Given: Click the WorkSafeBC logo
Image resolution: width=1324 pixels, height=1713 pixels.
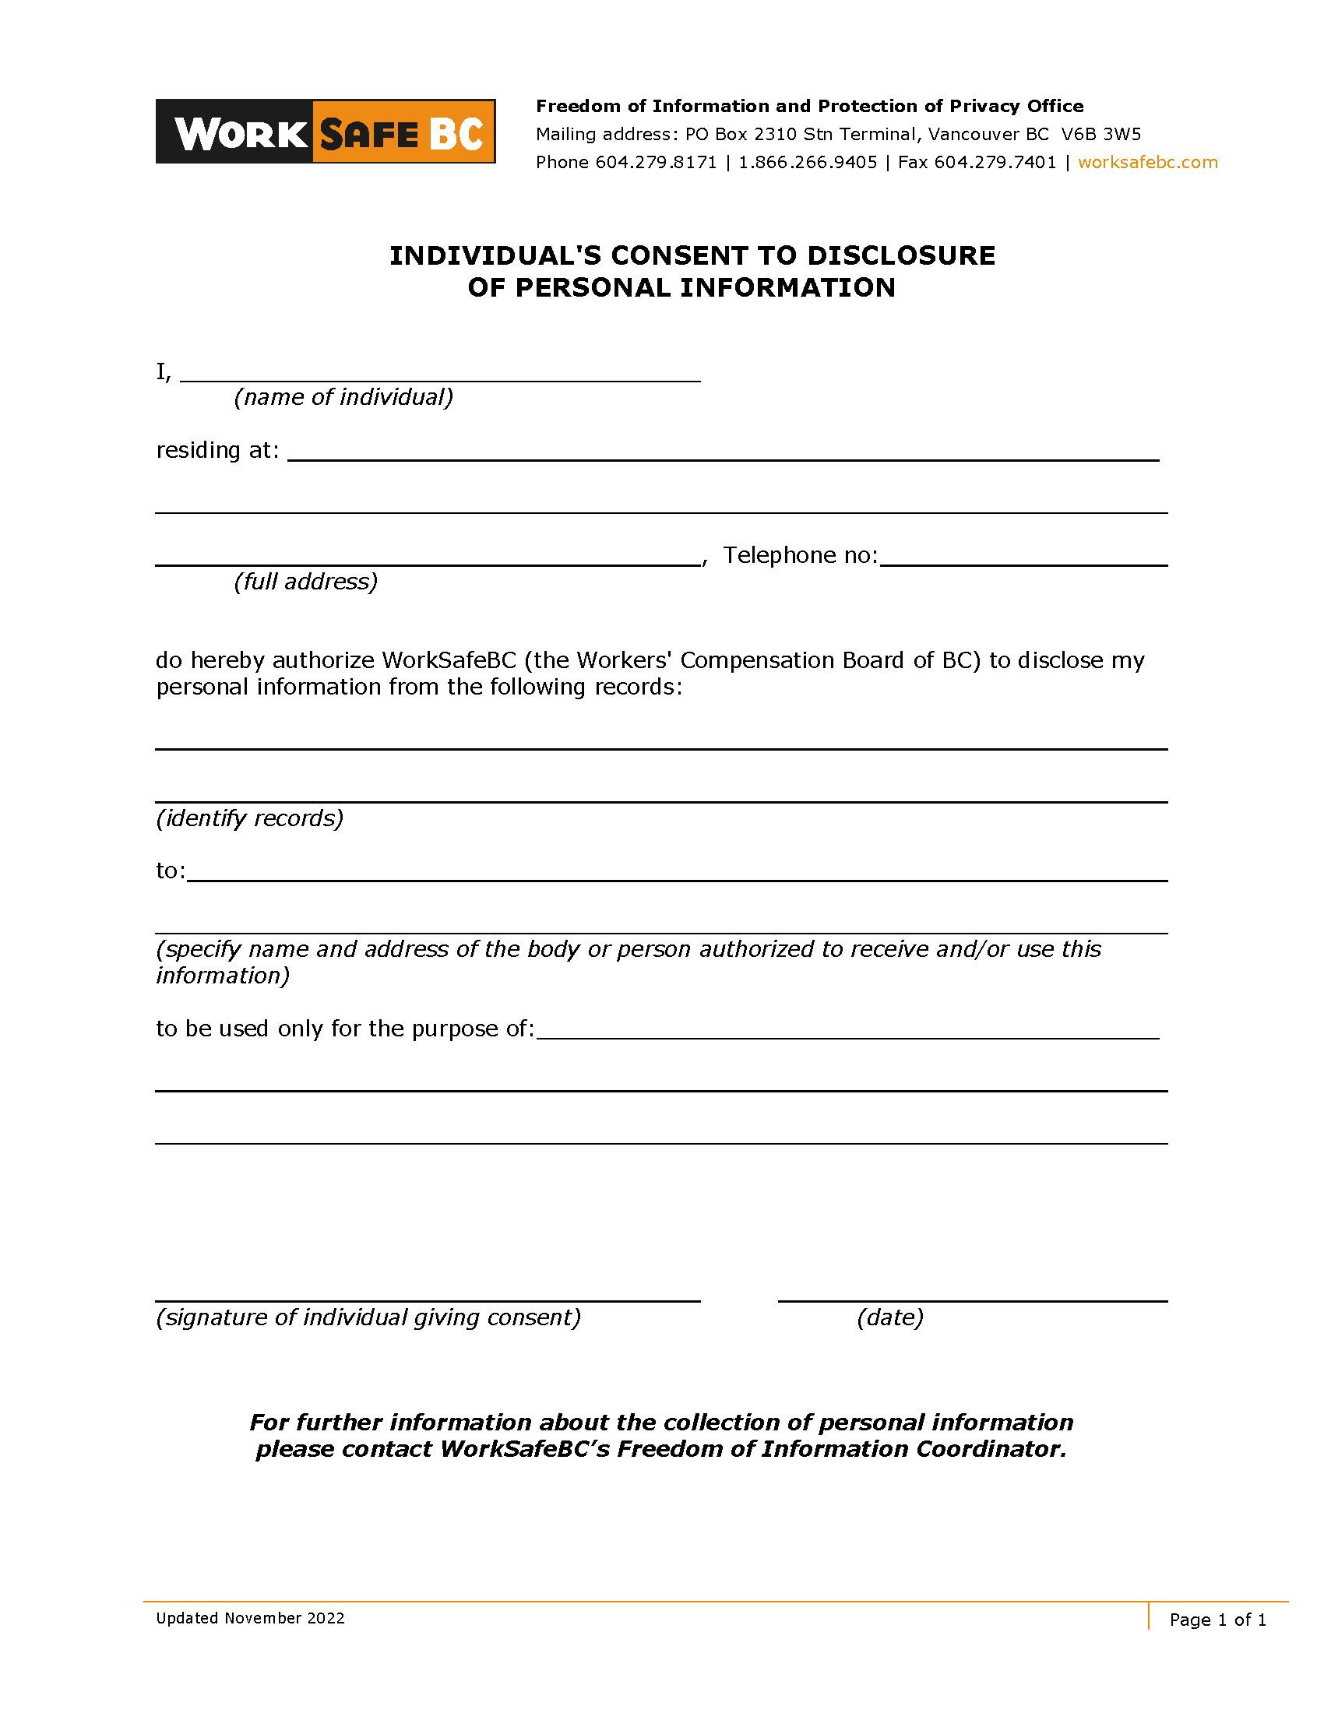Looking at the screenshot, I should (325, 132).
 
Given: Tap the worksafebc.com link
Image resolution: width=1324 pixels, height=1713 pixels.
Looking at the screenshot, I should (1146, 163).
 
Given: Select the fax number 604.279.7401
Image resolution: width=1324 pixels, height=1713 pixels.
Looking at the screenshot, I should (995, 163).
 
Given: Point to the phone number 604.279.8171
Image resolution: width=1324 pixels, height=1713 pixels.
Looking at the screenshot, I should (656, 163).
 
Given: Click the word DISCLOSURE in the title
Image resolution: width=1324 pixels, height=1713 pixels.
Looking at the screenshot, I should (900, 255).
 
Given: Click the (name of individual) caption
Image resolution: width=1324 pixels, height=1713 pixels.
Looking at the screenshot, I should (343, 398).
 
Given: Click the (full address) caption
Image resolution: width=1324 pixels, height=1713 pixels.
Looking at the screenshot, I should (306, 582).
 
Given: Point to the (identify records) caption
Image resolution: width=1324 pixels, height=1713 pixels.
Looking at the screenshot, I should (249, 819).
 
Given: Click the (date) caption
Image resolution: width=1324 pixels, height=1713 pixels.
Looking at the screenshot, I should (889, 1317).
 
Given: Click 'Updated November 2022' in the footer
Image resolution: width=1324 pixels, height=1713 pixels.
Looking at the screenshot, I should (250, 1618).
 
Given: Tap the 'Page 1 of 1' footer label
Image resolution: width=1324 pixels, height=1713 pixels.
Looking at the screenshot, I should (1217, 1620).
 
